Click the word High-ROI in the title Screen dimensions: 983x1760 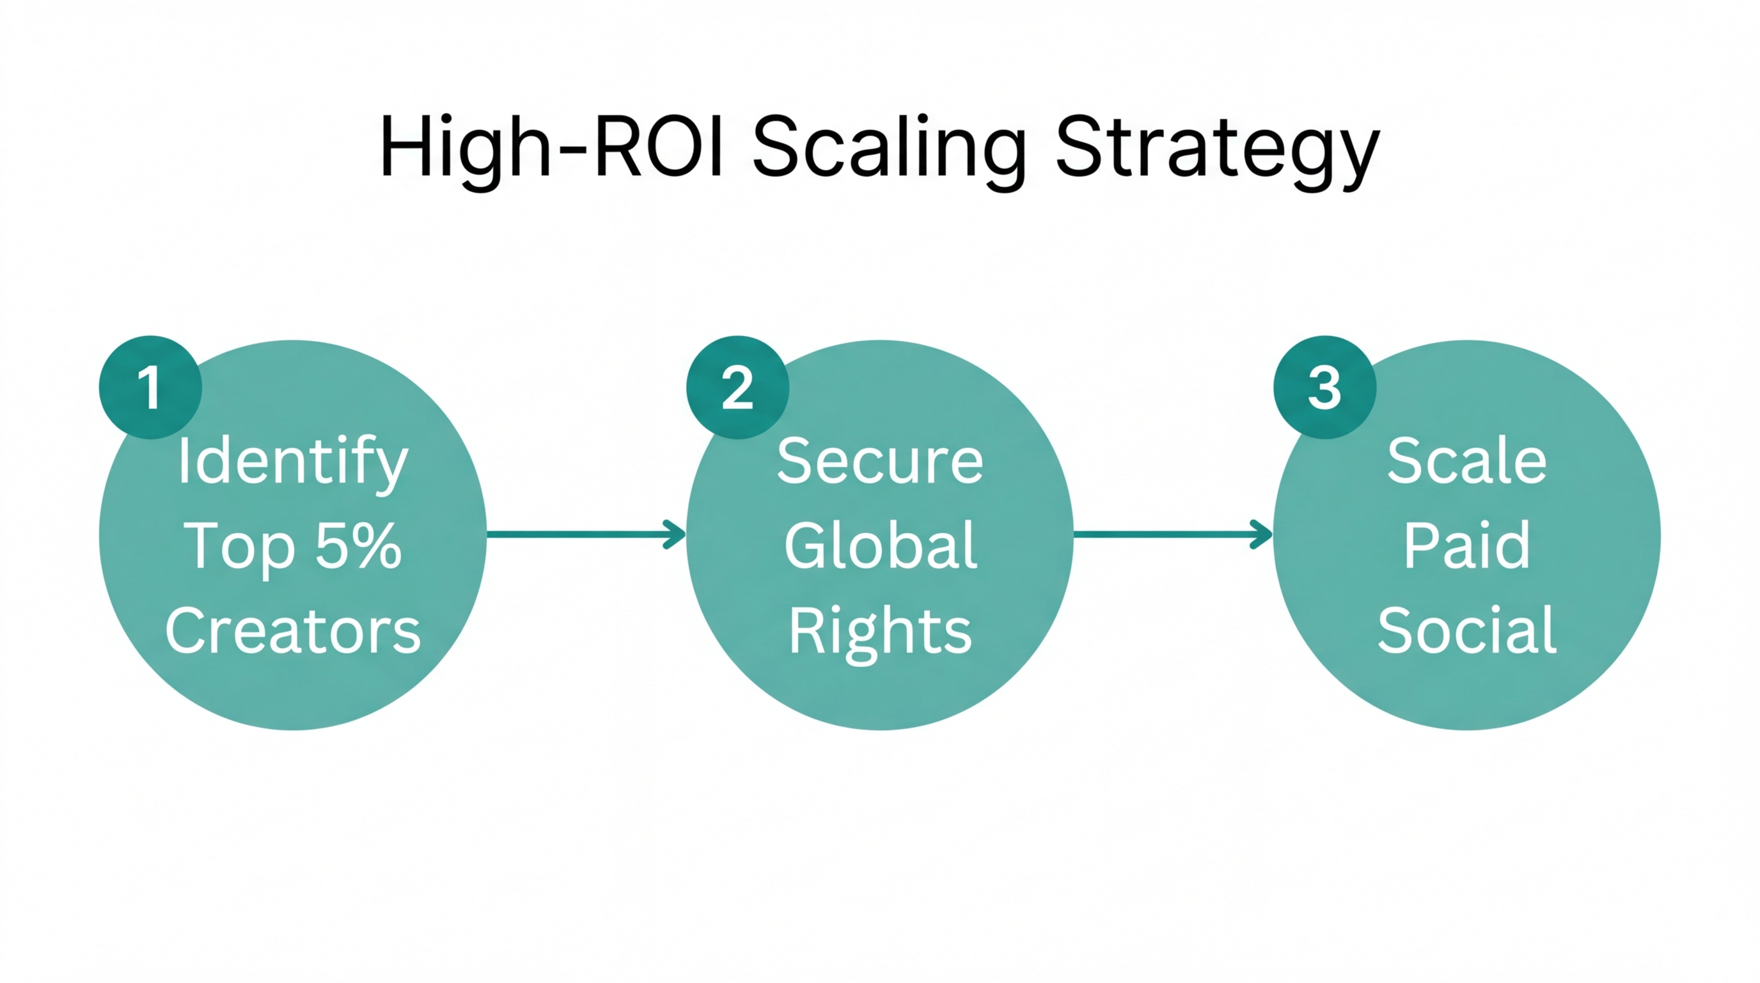click(x=551, y=147)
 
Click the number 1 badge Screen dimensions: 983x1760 click(x=150, y=387)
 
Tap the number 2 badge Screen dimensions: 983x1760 click(x=737, y=387)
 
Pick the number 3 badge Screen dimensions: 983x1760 click(x=1324, y=387)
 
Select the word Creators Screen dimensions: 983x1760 click(x=292, y=630)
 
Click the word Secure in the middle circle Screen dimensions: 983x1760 click(x=879, y=461)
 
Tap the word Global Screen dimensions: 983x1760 click(x=880, y=545)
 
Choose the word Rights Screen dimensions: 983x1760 click(x=880, y=632)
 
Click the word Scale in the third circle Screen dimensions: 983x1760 click(x=1466, y=461)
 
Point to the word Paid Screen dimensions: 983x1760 click(x=1466, y=545)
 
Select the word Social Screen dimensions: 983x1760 click(x=1466, y=630)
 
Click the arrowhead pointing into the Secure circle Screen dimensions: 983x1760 click(x=676, y=534)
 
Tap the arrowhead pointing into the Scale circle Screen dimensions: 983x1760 click(x=1262, y=534)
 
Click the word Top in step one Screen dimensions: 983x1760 click(x=239, y=547)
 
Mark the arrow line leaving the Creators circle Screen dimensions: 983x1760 click(x=574, y=534)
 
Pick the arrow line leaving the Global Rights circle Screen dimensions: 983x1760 click(x=1161, y=534)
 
